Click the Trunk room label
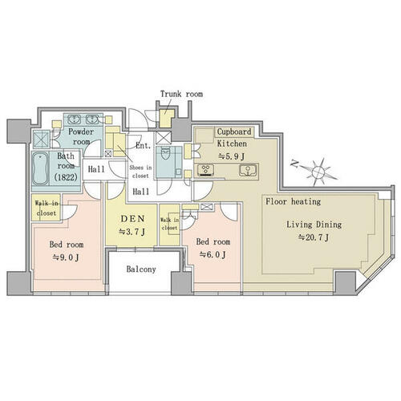[x=181, y=94]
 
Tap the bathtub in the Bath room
[x=40, y=168]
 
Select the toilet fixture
[x=165, y=156]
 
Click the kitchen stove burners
[x=205, y=170]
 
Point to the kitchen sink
[x=248, y=170]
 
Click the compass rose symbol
[x=318, y=172]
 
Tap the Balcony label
[x=141, y=269]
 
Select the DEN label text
[x=132, y=219]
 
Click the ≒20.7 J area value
[x=314, y=237]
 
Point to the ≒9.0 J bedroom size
[x=66, y=257]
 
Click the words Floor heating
[x=293, y=201]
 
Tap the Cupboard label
[x=234, y=132]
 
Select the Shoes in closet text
[x=140, y=172]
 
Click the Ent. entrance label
[x=144, y=145]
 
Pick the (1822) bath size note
[x=66, y=176]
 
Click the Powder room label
[x=81, y=136]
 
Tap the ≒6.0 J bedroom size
[x=213, y=254]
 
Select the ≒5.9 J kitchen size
[x=232, y=156]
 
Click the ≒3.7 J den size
[x=132, y=232]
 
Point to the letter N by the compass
[x=294, y=164]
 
